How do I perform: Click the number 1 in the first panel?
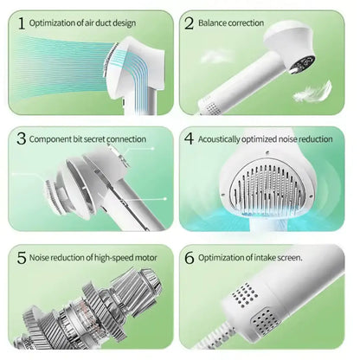click(22, 23)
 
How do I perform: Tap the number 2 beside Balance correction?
click(190, 23)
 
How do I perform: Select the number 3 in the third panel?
click(22, 138)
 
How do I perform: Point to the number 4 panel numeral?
click(189, 138)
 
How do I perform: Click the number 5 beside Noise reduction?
click(22, 258)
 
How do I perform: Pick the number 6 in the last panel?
click(190, 258)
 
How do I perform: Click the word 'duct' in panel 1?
click(102, 22)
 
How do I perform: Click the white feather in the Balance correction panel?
click(313, 92)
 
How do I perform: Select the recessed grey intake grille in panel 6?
click(265, 321)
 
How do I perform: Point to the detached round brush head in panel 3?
click(55, 197)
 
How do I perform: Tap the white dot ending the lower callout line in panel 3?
click(165, 199)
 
